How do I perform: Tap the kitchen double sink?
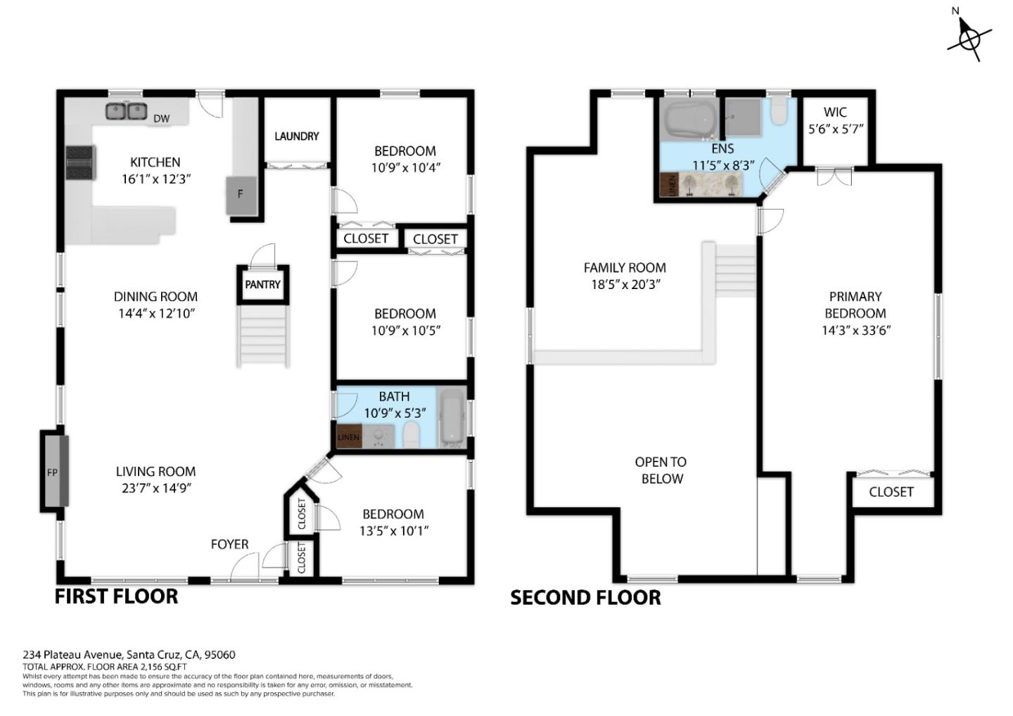126,111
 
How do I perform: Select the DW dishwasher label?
161,118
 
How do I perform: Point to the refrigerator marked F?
240,194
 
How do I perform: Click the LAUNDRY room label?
296,136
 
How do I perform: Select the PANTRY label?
262,285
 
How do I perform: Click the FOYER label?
229,544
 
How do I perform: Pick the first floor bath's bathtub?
451,417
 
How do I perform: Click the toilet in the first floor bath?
411,434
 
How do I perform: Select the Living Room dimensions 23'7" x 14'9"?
155,488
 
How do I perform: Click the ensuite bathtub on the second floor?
687,119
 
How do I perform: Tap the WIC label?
835,112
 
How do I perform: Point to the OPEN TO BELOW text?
661,470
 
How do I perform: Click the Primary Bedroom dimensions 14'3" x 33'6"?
855,330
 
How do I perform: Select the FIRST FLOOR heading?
116,596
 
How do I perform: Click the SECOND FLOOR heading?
585,597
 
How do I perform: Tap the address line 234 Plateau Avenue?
129,654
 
